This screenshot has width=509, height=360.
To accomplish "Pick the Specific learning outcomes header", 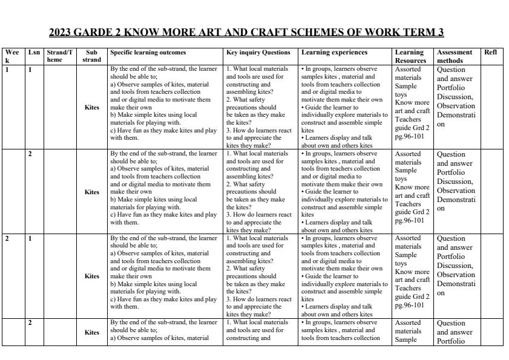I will coord(148,53).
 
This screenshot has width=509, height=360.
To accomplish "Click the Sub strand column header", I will coord(91,56).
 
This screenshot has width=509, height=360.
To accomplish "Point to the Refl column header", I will coord(490,53).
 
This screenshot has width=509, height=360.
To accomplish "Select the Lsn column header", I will coord(33,53).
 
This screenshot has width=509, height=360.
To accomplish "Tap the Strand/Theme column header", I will coord(60,56).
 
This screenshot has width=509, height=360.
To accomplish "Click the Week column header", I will coord(12,56).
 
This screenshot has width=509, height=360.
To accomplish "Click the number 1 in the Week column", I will coord(7,70).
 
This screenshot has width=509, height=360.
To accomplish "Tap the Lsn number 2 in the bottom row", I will coord(30,322).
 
